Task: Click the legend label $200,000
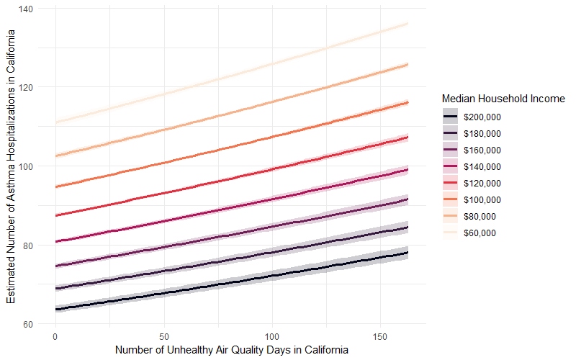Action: [x=481, y=117]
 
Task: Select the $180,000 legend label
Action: [x=481, y=133]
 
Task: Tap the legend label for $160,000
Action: [x=481, y=150]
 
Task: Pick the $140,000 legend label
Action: [x=481, y=166]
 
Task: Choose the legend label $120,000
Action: [x=481, y=183]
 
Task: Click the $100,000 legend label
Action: [x=481, y=199]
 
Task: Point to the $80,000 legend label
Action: [x=480, y=216]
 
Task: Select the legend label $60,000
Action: [x=480, y=233]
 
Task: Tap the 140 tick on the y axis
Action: [x=31, y=9]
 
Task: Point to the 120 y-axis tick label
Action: [x=31, y=87]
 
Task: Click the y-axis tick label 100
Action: [x=31, y=166]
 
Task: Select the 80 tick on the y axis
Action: [x=33, y=245]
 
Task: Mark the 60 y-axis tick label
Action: [x=33, y=324]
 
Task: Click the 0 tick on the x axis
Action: [x=55, y=336]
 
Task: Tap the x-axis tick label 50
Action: [x=163, y=336]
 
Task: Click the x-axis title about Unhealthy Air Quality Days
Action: [x=232, y=350]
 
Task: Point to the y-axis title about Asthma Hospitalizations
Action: [x=11, y=166]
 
